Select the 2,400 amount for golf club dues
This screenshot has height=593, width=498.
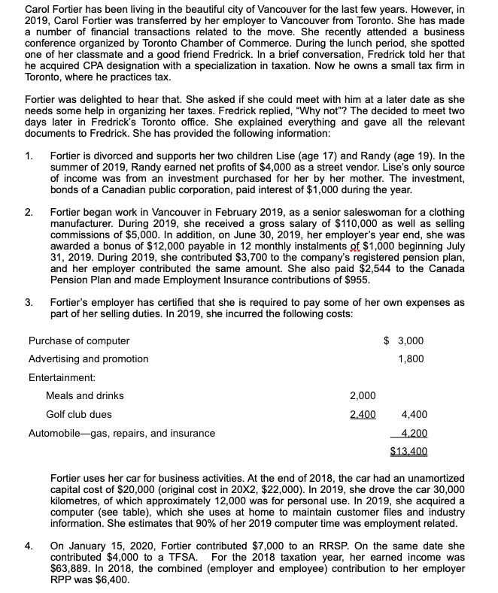click(362, 414)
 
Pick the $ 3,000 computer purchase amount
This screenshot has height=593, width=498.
click(404, 340)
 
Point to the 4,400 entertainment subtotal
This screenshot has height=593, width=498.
click(415, 414)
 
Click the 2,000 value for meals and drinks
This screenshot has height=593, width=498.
click(362, 395)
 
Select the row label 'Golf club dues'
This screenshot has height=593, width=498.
click(78, 414)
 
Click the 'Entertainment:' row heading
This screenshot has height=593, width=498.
click(62, 377)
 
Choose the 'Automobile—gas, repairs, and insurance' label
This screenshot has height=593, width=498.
click(121, 433)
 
